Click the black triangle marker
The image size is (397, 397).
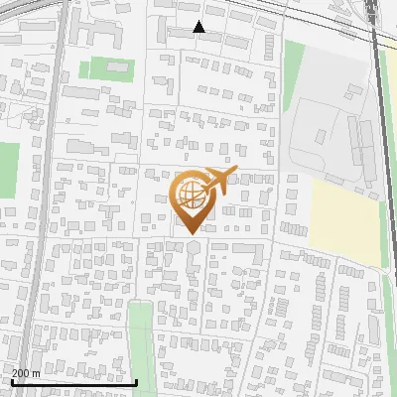(x=198, y=27)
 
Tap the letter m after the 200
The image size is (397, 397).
(x=37, y=373)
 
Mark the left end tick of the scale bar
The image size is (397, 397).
(x=11, y=380)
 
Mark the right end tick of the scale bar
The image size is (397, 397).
(x=136, y=380)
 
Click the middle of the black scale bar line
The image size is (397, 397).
(x=73, y=382)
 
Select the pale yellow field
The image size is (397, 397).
(x=346, y=218)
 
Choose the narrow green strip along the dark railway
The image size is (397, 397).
(x=389, y=149)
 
